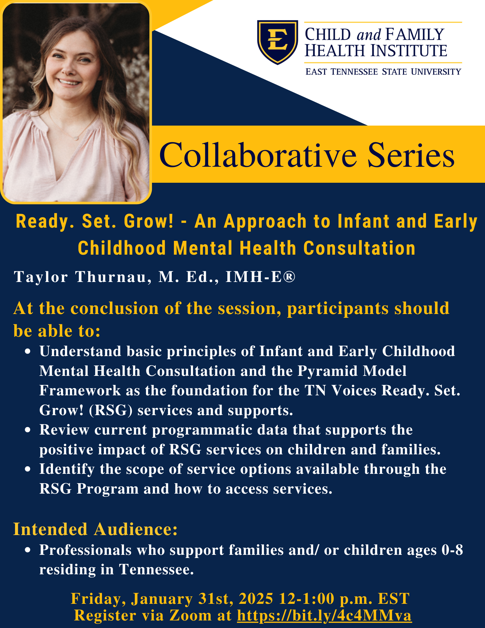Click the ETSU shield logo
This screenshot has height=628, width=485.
tap(278, 42)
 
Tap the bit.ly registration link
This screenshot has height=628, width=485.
tap(324, 615)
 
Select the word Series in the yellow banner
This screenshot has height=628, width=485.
tap(411, 155)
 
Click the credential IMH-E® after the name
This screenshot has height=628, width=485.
tap(261, 277)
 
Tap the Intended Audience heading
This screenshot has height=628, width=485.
tap(95, 529)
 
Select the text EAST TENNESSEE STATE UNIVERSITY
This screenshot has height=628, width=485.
tap(383, 72)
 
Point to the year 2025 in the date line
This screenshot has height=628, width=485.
tap(256, 598)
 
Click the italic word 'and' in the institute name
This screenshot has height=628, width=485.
tap(369, 35)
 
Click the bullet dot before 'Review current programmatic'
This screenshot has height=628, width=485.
tap(28, 430)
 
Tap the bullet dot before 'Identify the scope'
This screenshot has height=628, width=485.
tap(28, 469)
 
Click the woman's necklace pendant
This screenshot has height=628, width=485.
tap(75, 138)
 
